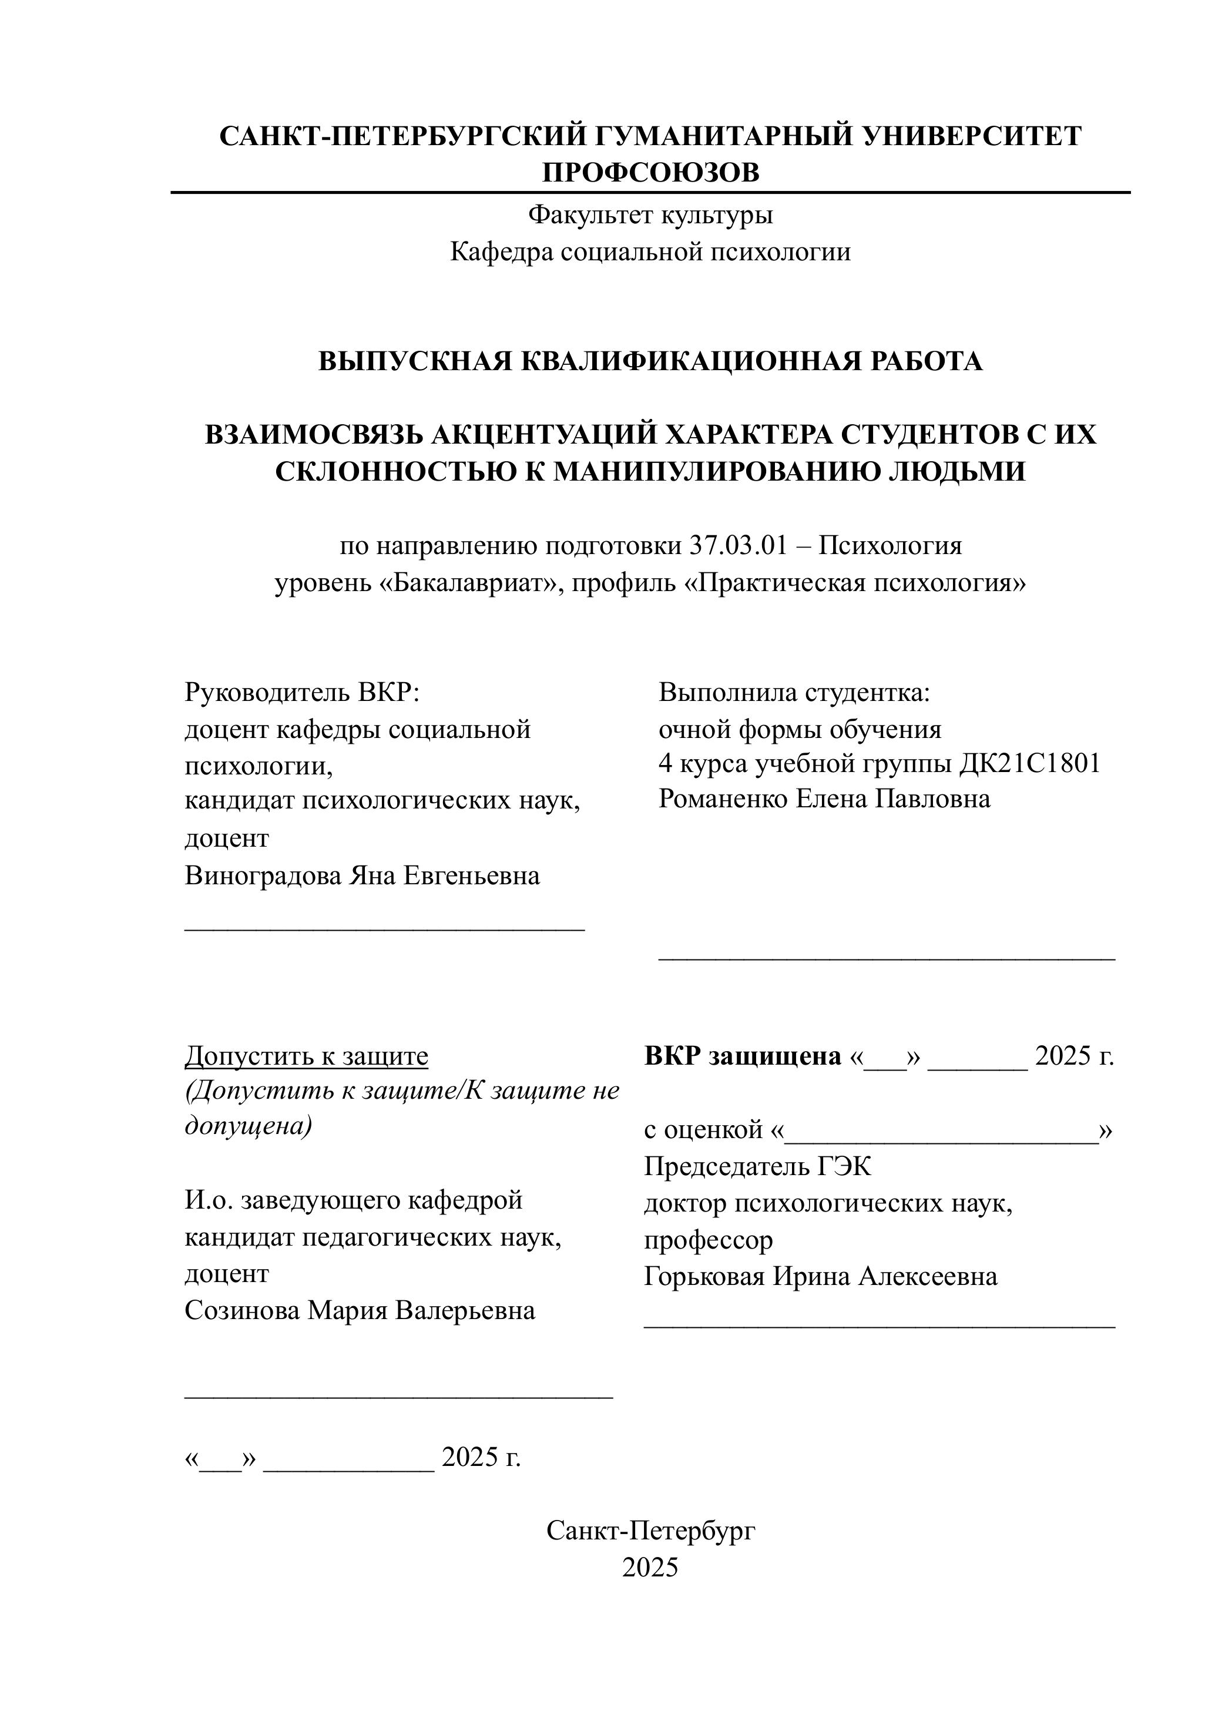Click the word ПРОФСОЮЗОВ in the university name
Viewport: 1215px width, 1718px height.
(650, 173)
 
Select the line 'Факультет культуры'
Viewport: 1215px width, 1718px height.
(650, 216)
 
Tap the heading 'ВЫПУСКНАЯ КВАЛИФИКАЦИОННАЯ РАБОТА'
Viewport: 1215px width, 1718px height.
(650, 361)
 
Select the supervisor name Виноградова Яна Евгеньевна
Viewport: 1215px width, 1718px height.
(362, 875)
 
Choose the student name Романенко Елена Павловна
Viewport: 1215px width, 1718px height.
(824, 799)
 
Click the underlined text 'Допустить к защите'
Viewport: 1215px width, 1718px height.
(307, 1056)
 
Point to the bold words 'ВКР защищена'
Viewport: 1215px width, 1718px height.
(742, 1056)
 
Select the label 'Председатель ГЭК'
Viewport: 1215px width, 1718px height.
(757, 1166)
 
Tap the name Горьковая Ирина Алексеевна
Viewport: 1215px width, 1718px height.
(821, 1276)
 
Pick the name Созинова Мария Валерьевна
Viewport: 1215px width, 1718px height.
(360, 1311)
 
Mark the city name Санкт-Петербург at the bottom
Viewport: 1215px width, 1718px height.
(650, 1531)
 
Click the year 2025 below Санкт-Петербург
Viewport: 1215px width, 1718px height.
(650, 1567)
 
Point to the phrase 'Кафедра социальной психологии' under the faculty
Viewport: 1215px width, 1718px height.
(650, 252)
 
